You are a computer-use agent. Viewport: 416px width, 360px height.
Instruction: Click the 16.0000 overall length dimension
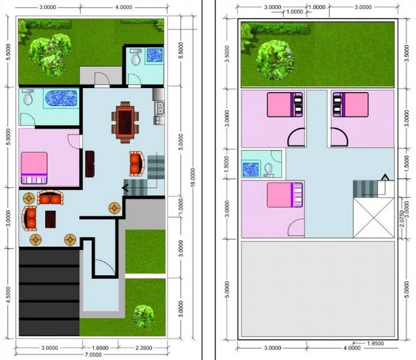coord(193,178)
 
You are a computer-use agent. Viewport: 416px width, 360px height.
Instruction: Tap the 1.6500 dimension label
coord(100,348)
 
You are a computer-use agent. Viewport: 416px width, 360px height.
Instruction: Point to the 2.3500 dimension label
coord(144,348)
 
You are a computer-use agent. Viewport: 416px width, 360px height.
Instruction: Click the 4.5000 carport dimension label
coord(9,294)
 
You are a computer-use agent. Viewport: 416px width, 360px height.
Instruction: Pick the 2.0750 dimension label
coord(402,218)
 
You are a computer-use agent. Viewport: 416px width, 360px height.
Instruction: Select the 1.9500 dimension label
coord(375,343)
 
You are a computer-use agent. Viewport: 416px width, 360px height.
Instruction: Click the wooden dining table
coord(125,122)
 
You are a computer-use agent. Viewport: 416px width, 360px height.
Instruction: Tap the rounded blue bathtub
coord(61,99)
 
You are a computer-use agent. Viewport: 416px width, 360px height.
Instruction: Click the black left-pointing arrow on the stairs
coord(125,188)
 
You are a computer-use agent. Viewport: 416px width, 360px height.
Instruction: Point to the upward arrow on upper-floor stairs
coord(385,177)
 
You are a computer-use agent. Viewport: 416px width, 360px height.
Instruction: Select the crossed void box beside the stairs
coord(373,217)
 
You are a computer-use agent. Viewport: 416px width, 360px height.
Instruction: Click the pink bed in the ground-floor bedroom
coord(34,168)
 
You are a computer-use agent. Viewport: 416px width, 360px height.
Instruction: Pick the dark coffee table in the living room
coord(50,219)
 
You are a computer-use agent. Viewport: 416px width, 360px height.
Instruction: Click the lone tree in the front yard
coord(143,316)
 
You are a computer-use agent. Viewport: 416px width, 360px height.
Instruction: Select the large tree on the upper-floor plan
coord(276,60)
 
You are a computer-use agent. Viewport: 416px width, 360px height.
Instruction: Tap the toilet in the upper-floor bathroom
coord(268,170)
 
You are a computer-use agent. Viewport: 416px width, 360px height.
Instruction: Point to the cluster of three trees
coord(50,54)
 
